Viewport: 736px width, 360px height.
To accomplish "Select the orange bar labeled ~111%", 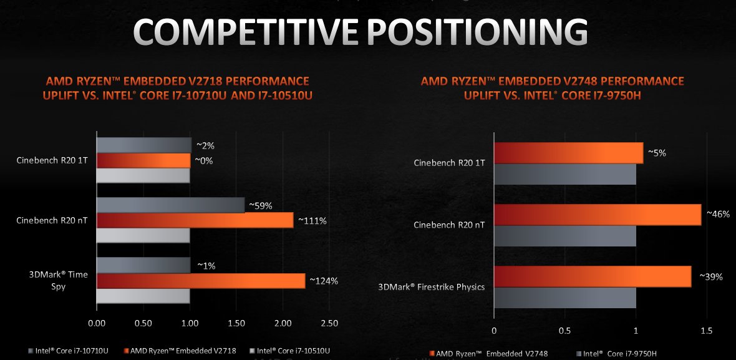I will click(195, 220).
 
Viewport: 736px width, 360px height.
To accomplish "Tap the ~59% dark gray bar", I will click(170, 205).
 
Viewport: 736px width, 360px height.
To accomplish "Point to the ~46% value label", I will click(717, 214).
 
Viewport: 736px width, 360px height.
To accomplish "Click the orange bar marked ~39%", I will click(593, 276).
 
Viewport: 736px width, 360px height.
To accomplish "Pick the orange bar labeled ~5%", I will click(568, 153).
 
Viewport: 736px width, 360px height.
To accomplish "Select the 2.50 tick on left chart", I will click(329, 323).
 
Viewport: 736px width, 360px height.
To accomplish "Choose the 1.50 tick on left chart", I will click(236, 323).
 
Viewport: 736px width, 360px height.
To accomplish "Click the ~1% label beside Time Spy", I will click(206, 266).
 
